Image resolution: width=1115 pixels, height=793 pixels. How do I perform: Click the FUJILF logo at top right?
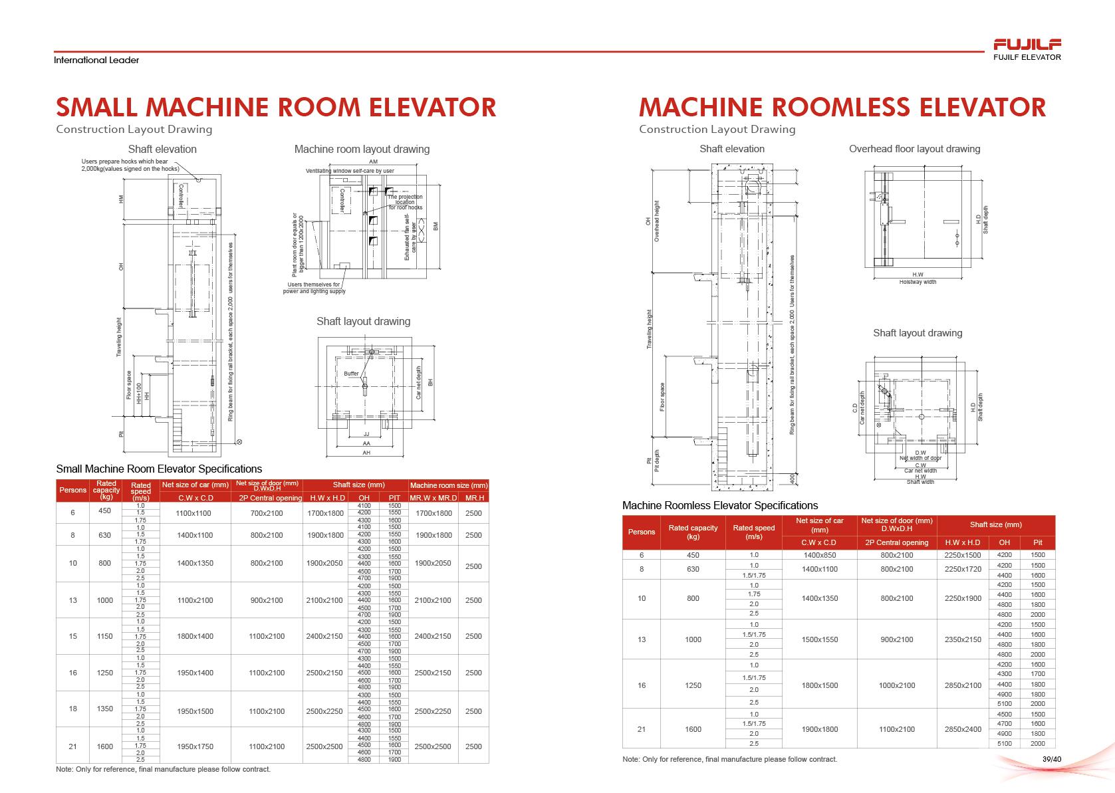(x=1027, y=45)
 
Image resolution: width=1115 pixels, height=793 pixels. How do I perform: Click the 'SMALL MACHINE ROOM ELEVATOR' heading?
(x=276, y=107)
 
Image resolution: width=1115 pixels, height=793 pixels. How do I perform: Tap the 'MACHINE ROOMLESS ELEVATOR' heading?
(x=842, y=107)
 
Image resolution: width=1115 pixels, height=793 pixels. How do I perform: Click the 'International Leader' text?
(x=96, y=60)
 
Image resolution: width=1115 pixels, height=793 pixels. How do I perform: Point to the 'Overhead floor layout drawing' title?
(x=914, y=149)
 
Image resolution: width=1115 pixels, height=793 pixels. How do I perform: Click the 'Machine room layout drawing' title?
(x=362, y=149)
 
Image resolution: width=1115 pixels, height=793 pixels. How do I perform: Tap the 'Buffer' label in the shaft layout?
(x=351, y=374)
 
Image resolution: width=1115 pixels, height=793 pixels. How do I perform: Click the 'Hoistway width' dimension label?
(x=918, y=282)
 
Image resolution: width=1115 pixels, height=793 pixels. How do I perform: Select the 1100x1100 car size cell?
(x=193, y=513)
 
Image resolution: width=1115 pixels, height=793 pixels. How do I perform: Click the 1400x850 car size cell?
(x=819, y=555)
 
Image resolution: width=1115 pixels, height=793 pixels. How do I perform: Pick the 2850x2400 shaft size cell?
(x=963, y=729)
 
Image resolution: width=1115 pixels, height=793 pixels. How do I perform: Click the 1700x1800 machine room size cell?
(x=434, y=513)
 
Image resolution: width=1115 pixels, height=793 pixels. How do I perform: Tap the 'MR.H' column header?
(x=474, y=498)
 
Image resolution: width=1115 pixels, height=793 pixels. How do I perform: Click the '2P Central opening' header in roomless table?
(x=896, y=542)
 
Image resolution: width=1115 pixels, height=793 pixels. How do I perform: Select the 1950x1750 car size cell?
(x=195, y=746)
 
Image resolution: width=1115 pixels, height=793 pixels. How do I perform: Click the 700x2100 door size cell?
(x=267, y=513)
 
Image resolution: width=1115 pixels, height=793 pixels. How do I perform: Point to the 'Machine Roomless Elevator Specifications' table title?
(x=720, y=505)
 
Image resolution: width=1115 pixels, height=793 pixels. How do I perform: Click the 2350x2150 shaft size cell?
(x=963, y=639)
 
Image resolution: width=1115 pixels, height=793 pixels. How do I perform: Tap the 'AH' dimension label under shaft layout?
(x=366, y=453)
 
